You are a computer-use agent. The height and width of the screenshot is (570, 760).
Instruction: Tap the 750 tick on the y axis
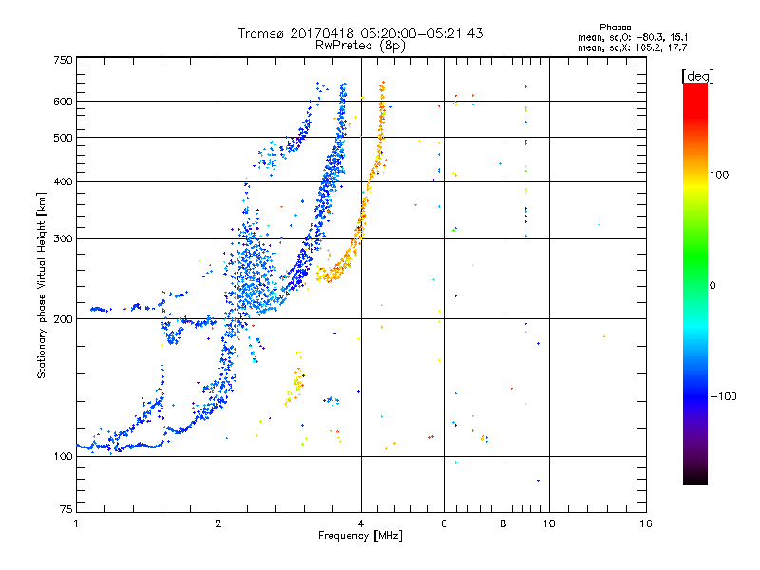tap(63, 60)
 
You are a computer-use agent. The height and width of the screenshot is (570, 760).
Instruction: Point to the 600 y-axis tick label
tap(63, 102)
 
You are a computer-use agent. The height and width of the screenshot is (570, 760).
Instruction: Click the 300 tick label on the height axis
tap(63, 238)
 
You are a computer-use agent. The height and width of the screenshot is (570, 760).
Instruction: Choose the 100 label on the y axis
tap(63, 457)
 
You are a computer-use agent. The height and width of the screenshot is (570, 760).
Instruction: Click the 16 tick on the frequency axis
tap(645, 523)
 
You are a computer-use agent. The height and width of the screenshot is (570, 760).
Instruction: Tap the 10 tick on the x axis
tap(549, 523)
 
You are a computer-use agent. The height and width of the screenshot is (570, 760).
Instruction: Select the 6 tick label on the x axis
tap(444, 523)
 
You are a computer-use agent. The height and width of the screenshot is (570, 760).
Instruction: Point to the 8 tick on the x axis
tap(503, 523)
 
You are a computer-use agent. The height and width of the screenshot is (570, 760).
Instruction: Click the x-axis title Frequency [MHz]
tap(360, 536)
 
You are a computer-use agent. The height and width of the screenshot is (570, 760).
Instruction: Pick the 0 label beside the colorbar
tap(712, 285)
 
